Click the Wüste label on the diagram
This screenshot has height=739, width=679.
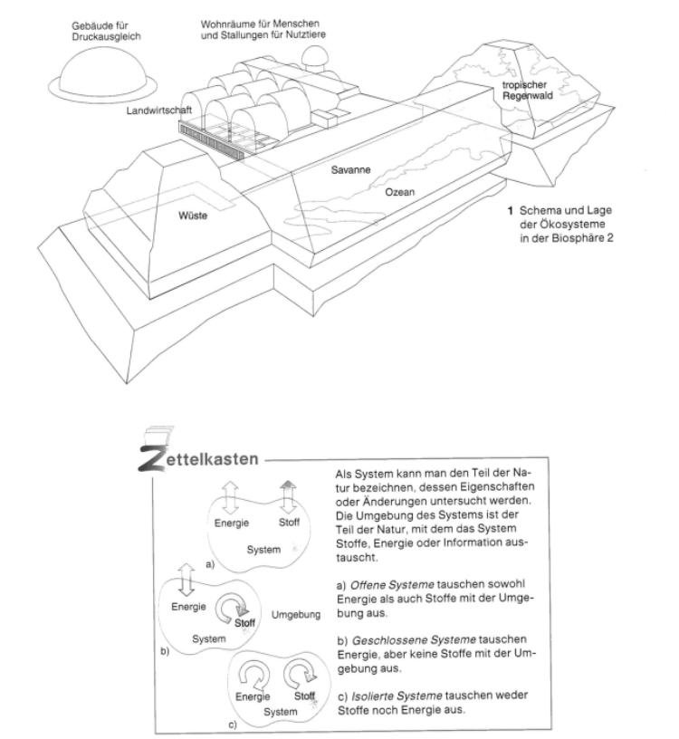tap(196, 216)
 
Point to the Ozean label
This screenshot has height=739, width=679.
tap(401, 192)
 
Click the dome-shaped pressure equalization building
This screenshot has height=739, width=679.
tap(91, 72)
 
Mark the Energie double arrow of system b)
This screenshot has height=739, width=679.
tap(188, 577)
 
